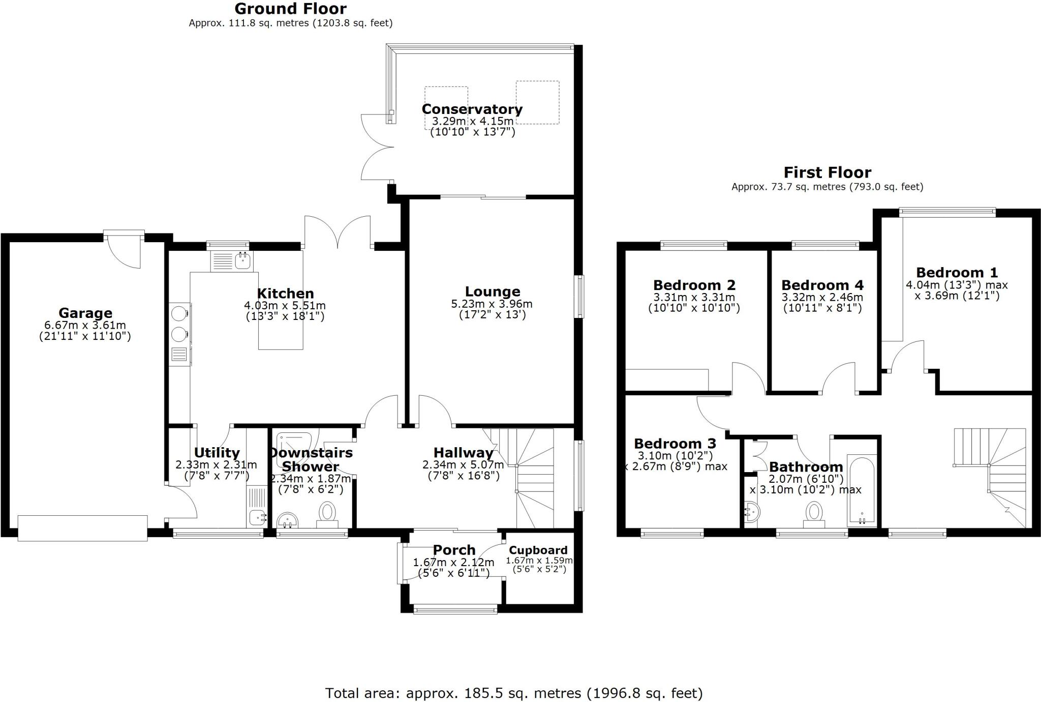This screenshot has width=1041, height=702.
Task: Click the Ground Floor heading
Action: [x=290, y=9]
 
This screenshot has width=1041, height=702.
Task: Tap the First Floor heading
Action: [x=827, y=172]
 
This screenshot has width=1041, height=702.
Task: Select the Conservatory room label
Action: [x=472, y=109]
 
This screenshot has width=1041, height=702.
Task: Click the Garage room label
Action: [x=85, y=313]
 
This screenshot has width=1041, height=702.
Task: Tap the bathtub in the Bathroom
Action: [x=862, y=491]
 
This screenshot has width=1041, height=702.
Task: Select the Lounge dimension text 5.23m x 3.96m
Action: [x=492, y=304]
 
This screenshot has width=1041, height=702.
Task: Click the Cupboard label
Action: [x=538, y=550]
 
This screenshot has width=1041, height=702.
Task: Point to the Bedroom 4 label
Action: [x=822, y=285]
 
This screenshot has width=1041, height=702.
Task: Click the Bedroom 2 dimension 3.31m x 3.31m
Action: [x=694, y=298]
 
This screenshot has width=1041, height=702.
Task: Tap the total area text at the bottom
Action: [x=513, y=693]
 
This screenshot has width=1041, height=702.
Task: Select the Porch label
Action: [x=454, y=550]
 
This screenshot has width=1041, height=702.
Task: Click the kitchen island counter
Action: [x=281, y=326]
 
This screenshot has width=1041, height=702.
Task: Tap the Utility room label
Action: [x=217, y=453]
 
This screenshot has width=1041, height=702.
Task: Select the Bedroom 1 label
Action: [x=957, y=273]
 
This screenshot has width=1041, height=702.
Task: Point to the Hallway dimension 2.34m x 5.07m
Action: [x=463, y=465]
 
